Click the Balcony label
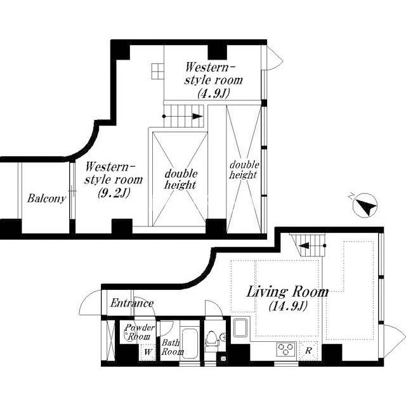46,199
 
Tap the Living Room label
287,292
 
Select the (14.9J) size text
288,306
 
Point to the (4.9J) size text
214,93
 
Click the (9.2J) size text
114,192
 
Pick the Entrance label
132,303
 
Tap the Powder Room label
140,332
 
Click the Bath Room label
172,347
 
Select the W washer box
148,352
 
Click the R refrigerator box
308,351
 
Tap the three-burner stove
286,349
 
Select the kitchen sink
241,328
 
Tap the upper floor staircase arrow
183,116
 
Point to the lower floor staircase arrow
311,246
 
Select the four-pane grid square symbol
158,71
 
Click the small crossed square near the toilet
223,358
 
